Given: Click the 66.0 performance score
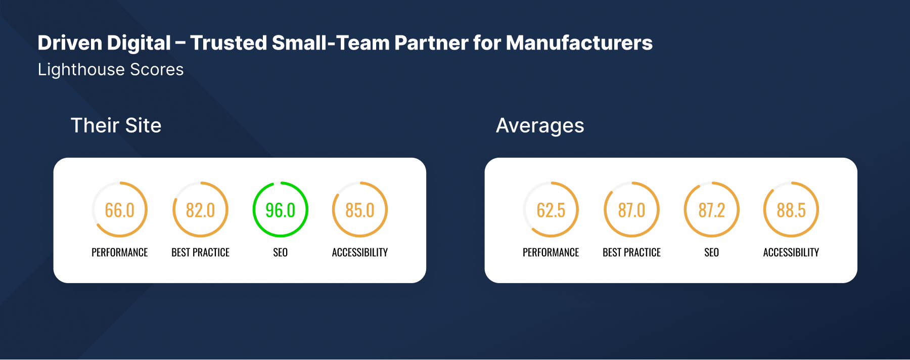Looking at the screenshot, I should tap(119, 210).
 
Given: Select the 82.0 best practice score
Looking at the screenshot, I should tap(200, 210).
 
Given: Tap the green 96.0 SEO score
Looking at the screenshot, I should tap(280, 210).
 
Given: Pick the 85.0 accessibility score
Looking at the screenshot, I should tap(360, 210).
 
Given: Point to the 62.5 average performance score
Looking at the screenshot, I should tap(551, 210).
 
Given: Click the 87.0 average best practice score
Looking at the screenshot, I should tap(631, 210).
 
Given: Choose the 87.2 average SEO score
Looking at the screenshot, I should tap(711, 210).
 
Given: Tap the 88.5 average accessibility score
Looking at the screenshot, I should tap(791, 210).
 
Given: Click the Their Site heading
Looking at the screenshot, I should tap(116, 125).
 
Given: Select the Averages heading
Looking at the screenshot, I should tap(540, 125).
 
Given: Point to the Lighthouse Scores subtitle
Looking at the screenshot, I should tap(111, 69).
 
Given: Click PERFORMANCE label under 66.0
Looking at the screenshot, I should tap(119, 252).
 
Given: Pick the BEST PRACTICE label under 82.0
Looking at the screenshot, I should tap(200, 252).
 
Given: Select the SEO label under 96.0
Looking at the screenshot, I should tap(280, 252).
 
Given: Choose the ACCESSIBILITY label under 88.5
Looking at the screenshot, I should tap(791, 252).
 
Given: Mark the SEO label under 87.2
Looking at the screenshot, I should tap(711, 252).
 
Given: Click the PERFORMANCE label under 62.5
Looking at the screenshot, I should tap(551, 252).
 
